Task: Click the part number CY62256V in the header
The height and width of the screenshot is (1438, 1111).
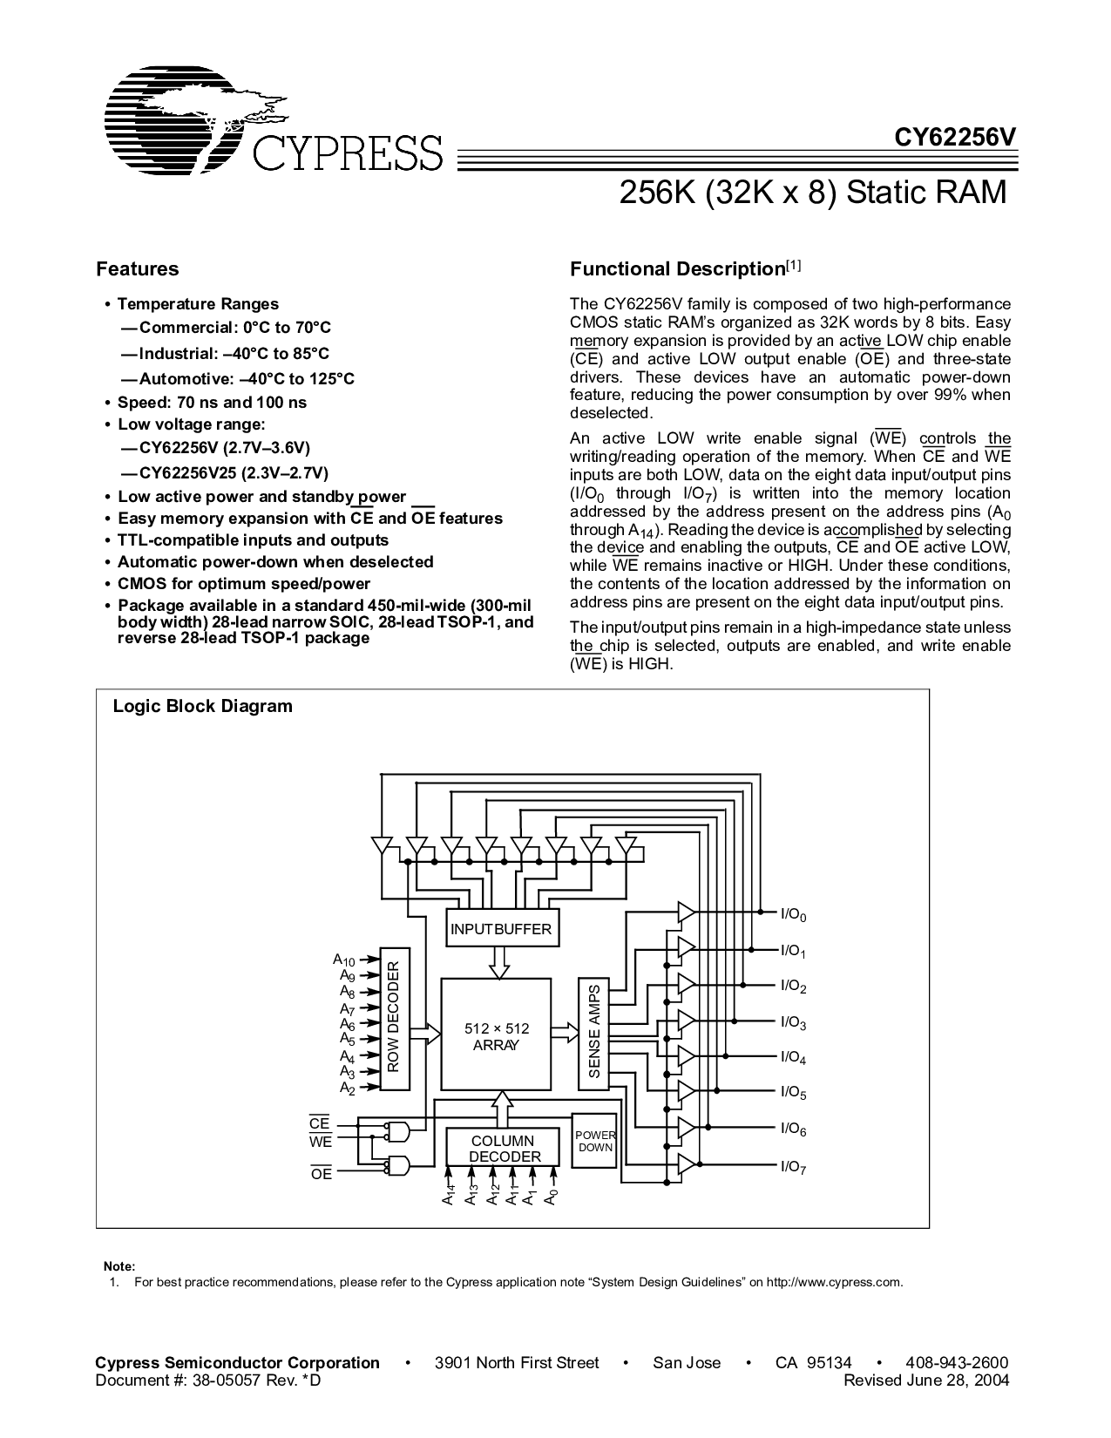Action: (955, 137)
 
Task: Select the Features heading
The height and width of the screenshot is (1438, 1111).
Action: (138, 268)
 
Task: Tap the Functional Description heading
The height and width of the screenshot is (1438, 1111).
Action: (686, 268)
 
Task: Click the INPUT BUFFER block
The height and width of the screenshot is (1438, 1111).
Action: (501, 928)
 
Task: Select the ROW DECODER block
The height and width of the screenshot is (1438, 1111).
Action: (395, 1019)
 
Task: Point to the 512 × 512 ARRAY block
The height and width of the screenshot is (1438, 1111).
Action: (497, 1034)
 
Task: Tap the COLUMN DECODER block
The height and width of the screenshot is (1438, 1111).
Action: (503, 1149)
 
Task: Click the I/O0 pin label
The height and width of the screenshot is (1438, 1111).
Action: (793, 915)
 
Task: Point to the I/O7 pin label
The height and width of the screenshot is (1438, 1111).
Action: (793, 1167)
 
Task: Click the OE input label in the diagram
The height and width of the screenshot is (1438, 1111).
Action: (322, 1173)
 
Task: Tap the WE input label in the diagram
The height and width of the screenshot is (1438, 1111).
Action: (321, 1142)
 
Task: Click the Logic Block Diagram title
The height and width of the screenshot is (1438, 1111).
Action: (202, 706)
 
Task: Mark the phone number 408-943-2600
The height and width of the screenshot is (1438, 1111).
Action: (957, 1362)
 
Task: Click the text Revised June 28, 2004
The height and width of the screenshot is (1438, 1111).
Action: (926, 1380)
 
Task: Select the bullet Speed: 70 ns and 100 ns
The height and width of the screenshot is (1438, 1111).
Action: (212, 403)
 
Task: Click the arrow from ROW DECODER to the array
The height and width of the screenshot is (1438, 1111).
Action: (425, 1034)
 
